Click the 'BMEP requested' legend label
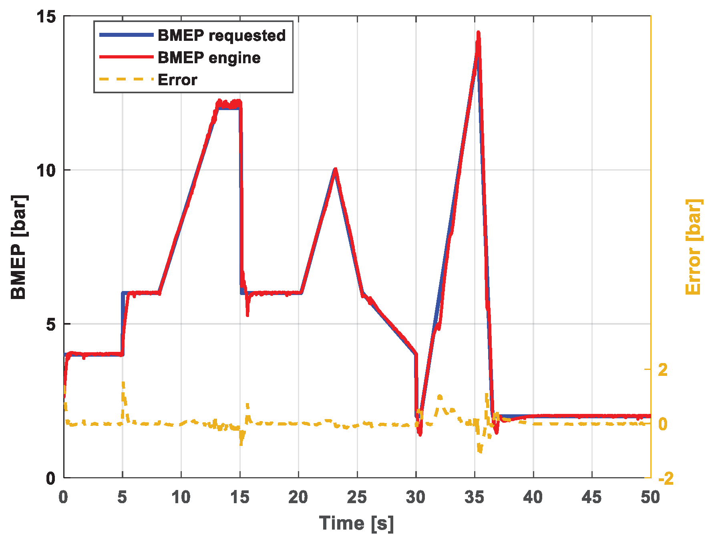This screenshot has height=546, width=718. click(x=221, y=36)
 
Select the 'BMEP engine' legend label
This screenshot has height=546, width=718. click(x=209, y=58)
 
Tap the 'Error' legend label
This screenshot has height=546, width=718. click(x=177, y=80)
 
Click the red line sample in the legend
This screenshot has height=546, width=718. click(x=126, y=57)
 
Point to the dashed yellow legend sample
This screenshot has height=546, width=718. click(x=126, y=79)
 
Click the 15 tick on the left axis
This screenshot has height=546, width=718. click(x=46, y=17)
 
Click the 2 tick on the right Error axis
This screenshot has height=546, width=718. click(x=663, y=369)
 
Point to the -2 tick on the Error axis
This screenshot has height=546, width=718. click(x=666, y=478)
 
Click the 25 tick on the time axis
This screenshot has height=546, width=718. click(x=357, y=498)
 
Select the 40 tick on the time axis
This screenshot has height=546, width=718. click(x=533, y=498)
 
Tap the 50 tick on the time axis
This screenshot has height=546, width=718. click(x=650, y=498)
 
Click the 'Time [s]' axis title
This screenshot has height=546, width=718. click(x=356, y=524)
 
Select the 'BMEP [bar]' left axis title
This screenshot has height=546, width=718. click(x=18, y=247)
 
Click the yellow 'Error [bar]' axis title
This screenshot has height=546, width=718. click(x=694, y=247)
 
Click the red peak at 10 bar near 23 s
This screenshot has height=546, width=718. click(x=335, y=170)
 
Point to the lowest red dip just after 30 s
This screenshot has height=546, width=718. click(x=420, y=434)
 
